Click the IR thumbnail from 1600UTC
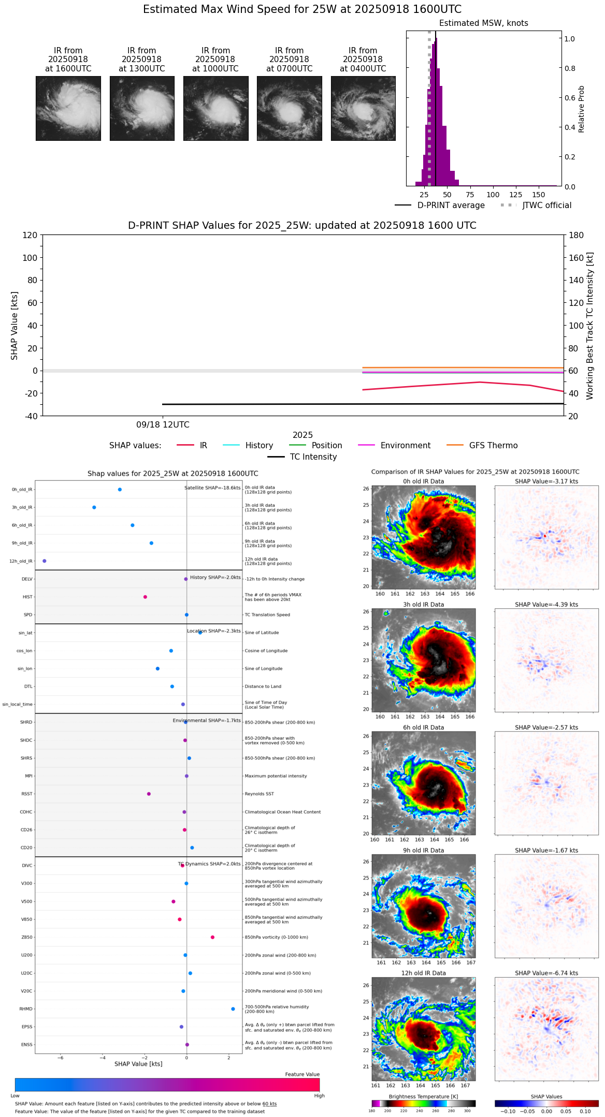pos(68,108)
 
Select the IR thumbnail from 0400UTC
pos(363,108)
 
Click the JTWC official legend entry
pos(546,205)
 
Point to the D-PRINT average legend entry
pos(451,205)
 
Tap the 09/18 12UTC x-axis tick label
pos(163,425)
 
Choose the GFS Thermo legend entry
pos(493,446)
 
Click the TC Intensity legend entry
pos(313,457)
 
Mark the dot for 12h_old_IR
pos(45,561)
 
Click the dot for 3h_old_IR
pos(94,507)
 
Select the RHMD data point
pos(233,1009)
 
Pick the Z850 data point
pos(212,937)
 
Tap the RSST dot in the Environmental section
pos(149,794)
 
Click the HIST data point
pos(145,597)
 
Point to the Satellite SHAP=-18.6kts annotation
pos(212,488)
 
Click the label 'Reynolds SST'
pos(259,794)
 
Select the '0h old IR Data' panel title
pos(423,481)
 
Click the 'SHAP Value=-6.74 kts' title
pos(546,973)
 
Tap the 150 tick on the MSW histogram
pos(539,195)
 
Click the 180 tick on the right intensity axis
pos(577,235)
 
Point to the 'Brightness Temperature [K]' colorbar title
pos(423,1096)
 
